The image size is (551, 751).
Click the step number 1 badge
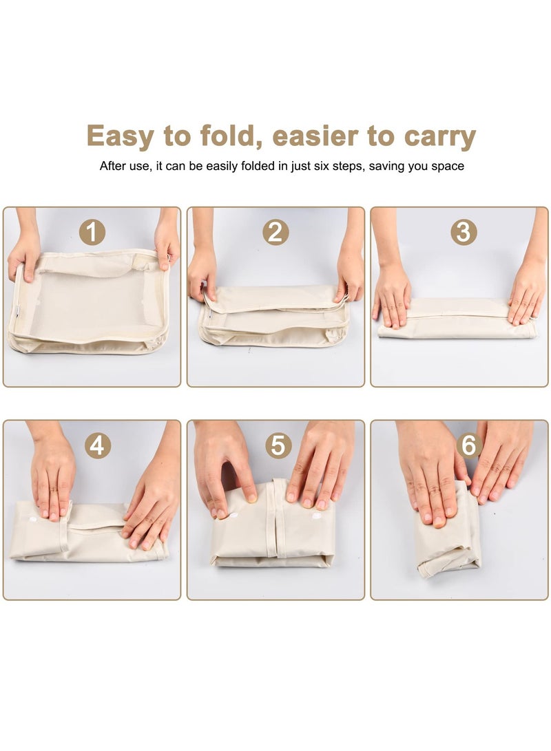tap(92, 233)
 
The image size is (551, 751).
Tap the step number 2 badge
tap(275, 233)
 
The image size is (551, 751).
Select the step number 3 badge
tap(464, 233)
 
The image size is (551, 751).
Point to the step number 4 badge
tap(98, 446)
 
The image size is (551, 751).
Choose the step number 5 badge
tap(278, 446)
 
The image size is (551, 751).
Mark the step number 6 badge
tap(469, 446)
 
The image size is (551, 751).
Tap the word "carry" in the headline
tap(439, 137)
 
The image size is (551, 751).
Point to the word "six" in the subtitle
tap(322, 166)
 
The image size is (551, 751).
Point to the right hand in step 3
tap(527, 289)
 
